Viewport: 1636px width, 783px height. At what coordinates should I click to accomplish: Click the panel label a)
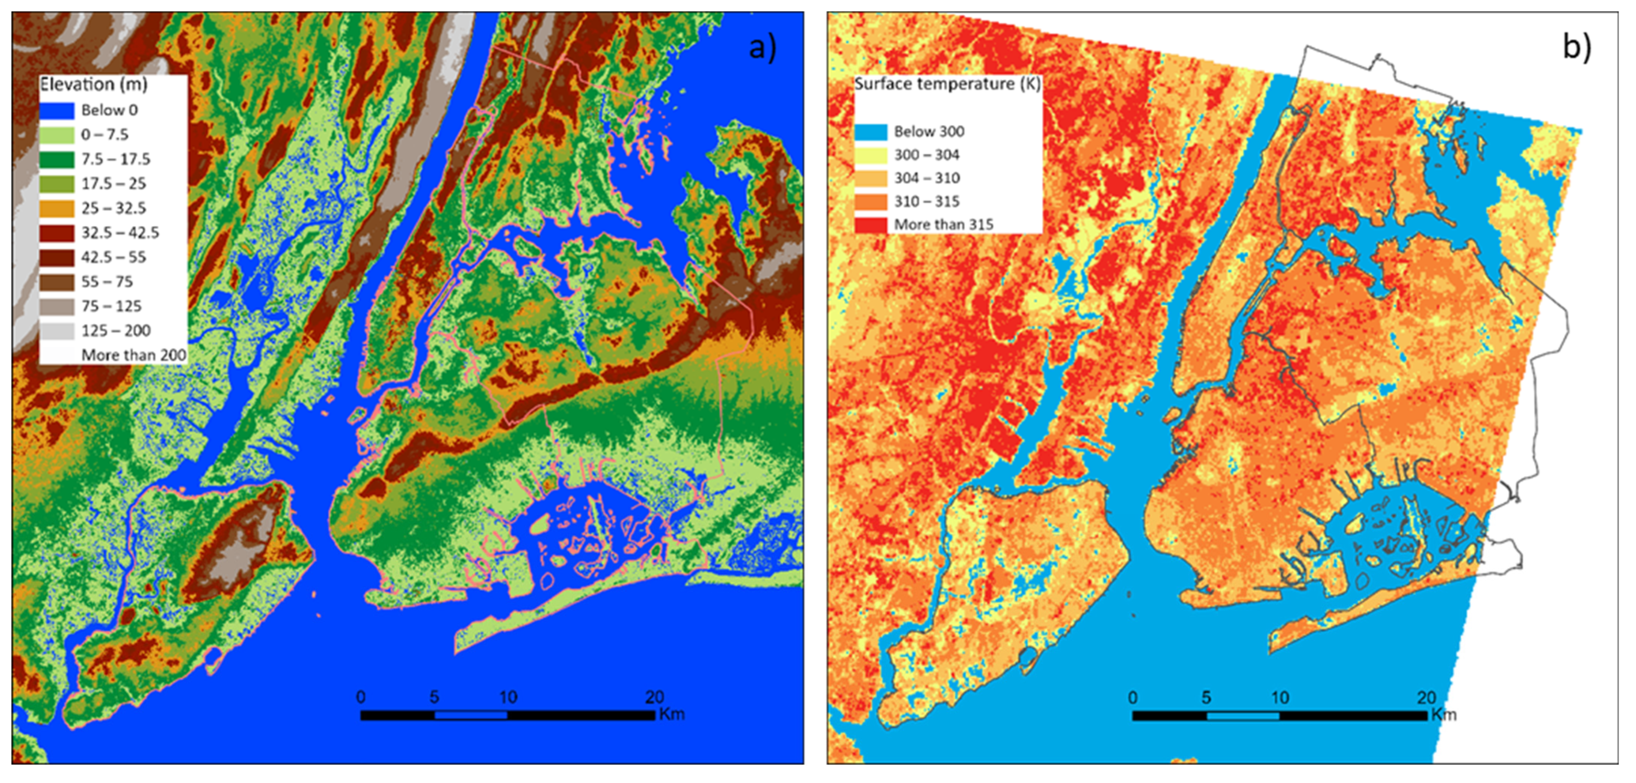762,48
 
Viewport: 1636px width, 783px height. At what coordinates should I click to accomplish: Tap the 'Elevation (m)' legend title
93,84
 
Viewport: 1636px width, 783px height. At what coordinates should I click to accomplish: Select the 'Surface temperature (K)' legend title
946,84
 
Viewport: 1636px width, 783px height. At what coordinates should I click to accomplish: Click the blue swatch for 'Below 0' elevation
57,111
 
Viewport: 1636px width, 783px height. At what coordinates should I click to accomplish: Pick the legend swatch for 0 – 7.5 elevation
57,135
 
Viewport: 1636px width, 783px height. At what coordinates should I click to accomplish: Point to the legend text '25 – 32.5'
114,208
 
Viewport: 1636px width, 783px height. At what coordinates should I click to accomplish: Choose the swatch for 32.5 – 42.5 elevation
57,233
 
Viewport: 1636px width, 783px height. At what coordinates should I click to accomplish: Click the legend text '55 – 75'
106,282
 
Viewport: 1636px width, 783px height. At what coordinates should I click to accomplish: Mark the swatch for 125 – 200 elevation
57,331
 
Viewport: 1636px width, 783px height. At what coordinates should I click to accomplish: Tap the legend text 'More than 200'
133,355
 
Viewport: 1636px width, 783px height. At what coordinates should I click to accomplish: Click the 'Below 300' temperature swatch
871,132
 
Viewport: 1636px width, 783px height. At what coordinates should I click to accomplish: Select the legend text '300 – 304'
927,155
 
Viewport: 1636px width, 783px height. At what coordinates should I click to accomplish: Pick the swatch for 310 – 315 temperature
871,202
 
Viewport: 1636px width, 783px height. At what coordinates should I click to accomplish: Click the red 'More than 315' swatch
871,225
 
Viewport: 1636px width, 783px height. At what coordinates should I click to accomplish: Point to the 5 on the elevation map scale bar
434,697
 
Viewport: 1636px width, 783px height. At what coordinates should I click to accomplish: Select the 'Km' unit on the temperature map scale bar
1443,715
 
